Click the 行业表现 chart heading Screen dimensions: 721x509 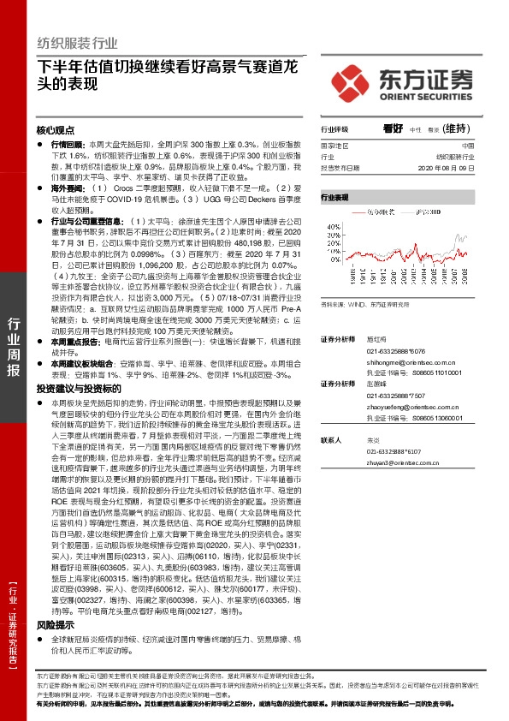click(x=334, y=197)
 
